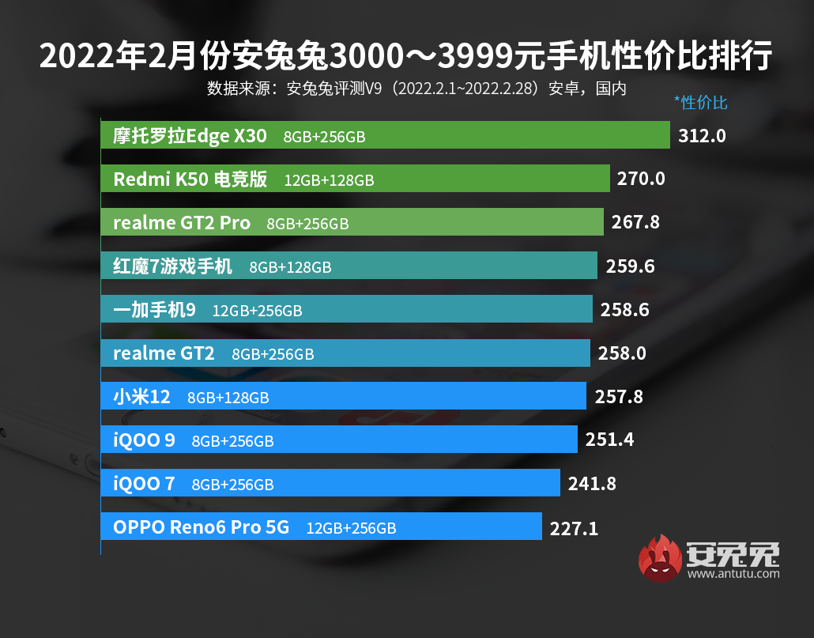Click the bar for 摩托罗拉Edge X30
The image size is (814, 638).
click(385, 135)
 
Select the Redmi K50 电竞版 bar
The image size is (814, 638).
click(355, 179)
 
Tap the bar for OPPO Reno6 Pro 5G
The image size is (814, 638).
click(321, 527)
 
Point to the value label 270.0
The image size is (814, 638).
click(641, 179)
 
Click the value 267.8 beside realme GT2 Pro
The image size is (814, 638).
click(635, 222)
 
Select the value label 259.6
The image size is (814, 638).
click(630, 266)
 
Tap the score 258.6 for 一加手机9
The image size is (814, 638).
click(624, 309)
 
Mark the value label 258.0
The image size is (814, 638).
click(622, 353)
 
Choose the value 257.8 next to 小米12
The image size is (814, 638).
click(618, 396)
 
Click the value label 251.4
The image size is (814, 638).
click(609, 440)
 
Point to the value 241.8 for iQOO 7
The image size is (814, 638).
click(592, 483)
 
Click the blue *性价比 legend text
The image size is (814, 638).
click(700, 102)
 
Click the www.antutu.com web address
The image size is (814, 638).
click(733, 574)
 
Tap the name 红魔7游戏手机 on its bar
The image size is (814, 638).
click(173, 266)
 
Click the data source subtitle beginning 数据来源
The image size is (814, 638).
click(416, 88)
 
